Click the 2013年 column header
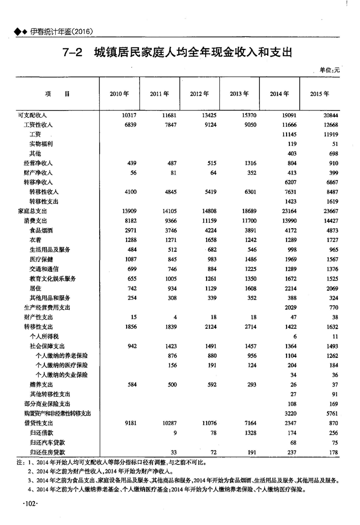point(239,93)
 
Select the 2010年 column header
point(119,93)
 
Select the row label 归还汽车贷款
point(47,442)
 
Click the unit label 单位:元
point(329,70)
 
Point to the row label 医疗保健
point(43,259)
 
